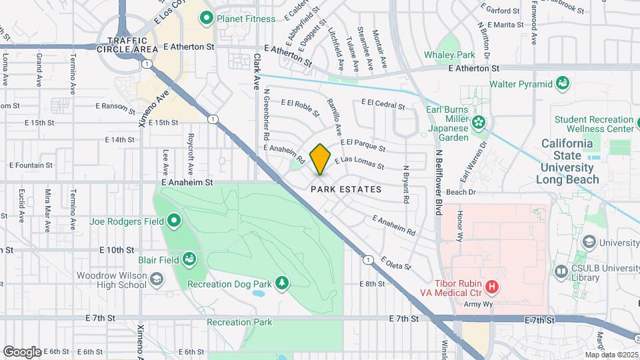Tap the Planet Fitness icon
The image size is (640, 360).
[x=207, y=18]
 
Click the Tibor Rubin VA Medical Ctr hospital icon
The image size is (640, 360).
[x=493, y=287]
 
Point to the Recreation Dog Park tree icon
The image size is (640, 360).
[x=282, y=284]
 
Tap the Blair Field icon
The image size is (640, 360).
[x=191, y=259]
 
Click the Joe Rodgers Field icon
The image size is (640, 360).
[x=175, y=221]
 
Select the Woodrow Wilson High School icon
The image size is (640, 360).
[x=157, y=279]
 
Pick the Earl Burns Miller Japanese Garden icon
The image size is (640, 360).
[x=479, y=123]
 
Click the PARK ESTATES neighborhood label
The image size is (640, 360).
[x=346, y=189]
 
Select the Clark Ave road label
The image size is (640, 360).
[x=256, y=73]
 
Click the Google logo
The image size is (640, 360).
[x=22, y=351]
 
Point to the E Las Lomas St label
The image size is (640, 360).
[x=359, y=162]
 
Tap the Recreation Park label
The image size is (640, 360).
[x=239, y=322]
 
